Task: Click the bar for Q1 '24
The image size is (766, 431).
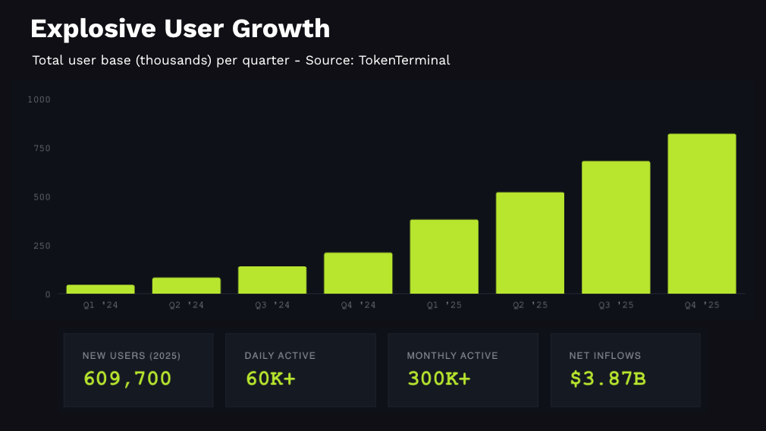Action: click(x=100, y=289)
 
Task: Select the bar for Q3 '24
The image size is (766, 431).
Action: click(x=272, y=280)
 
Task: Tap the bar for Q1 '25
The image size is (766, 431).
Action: click(x=444, y=256)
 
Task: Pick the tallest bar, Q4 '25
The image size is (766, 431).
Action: click(x=702, y=214)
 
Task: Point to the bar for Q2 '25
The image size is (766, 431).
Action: click(x=530, y=243)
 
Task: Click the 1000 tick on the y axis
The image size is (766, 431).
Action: click(x=39, y=99)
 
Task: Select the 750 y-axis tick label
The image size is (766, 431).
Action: click(x=42, y=148)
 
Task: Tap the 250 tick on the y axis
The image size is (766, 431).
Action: click(x=42, y=246)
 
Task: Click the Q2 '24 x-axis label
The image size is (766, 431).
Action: click(x=186, y=305)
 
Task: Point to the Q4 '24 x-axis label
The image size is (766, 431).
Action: click(x=358, y=305)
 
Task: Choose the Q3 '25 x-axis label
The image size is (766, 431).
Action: click(x=616, y=305)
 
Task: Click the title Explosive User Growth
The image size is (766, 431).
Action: click(x=180, y=29)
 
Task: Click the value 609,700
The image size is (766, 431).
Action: click(x=127, y=378)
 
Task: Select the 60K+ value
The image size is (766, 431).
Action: click(x=271, y=378)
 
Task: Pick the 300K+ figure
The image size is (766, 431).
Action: click(x=439, y=378)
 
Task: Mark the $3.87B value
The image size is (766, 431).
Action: click(x=607, y=378)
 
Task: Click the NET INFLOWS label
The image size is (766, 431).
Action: click(x=604, y=355)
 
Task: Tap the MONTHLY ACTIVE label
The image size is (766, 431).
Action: click(x=452, y=355)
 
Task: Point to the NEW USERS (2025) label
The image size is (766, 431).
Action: click(x=131, y=355)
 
